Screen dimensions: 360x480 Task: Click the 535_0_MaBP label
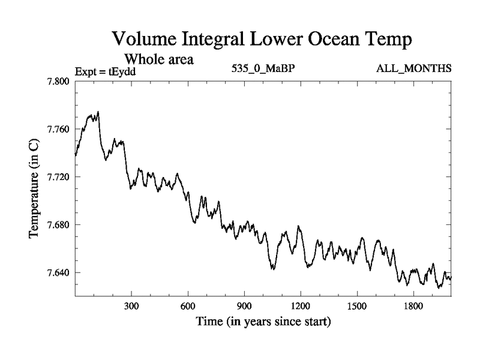(263, 68)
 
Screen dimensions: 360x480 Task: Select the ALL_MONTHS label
(413, 68)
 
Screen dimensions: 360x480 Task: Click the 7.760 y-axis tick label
(59, 130)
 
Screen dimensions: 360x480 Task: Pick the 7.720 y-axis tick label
(59, 177)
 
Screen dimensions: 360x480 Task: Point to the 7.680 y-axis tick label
(59, 225)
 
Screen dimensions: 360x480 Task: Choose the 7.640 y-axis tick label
(59, 272)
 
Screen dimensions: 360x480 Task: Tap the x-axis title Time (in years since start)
(263, 322)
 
